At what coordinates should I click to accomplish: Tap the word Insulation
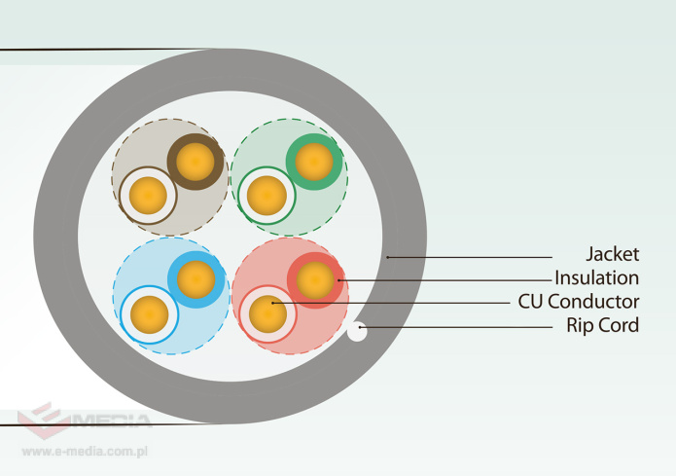tap(596, 278)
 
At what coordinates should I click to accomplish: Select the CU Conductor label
tap(579, 302)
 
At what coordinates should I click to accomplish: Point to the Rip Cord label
tap(602, 325)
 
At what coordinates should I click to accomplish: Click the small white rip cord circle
tap(357, 332)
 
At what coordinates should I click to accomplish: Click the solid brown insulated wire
tap(195, 160)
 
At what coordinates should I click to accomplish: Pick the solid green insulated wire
tap(313, 161)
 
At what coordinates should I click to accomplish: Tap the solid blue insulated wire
tap(196, 280)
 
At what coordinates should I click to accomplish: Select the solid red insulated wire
tap(314, 280)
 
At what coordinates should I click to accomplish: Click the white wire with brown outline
tap(149, 196)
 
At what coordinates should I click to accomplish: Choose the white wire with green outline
tap(266, 196)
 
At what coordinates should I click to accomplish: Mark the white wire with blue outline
tap(149, 315)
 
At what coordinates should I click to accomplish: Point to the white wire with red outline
tap(267, 314)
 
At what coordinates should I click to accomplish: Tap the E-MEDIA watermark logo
tap(83, 420)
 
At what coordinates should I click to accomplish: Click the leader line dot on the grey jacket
tap(388, 257)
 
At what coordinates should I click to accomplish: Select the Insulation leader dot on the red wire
tap(338, 280)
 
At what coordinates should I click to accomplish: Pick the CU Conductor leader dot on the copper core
tap(274, 304)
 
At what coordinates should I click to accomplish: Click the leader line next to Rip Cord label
tap(457, 327)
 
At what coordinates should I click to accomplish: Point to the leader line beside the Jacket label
tap(486, 257)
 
